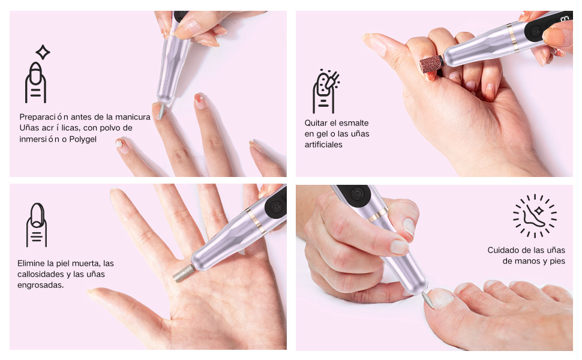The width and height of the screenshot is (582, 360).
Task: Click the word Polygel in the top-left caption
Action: pyautogui.click(x=83, y=139)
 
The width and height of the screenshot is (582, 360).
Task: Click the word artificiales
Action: pyautogui.click(x=323, y=145)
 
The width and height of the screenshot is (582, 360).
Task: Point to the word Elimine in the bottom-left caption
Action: pyautogui.click(x=31, y=263)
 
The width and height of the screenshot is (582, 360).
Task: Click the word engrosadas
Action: pyautogui.click(x=40, y=285)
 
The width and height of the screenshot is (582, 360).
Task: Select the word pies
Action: pyautogui.click(x=557, y=261)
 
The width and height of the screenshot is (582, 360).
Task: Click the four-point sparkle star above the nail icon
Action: pyautogui.click(x=43, y=52)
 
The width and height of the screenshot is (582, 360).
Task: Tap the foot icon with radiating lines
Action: pyautogui.click(x=535, y=215)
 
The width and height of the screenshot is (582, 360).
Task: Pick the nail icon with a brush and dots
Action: pyautogui.click(x=326, y=91)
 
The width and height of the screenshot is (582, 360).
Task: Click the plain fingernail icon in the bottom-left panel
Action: pyautogui.click(x=37, y=225)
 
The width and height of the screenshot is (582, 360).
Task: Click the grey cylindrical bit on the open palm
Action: pyautogui.click(x=184, y=273)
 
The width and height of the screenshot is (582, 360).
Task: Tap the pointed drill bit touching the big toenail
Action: pyautogui.click(x=428, y=299)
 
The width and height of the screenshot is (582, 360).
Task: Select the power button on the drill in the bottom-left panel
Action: pyautogui.click(x=276, y=207)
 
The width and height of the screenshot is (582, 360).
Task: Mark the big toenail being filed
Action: pyautogui.click(x=441, y=298)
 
